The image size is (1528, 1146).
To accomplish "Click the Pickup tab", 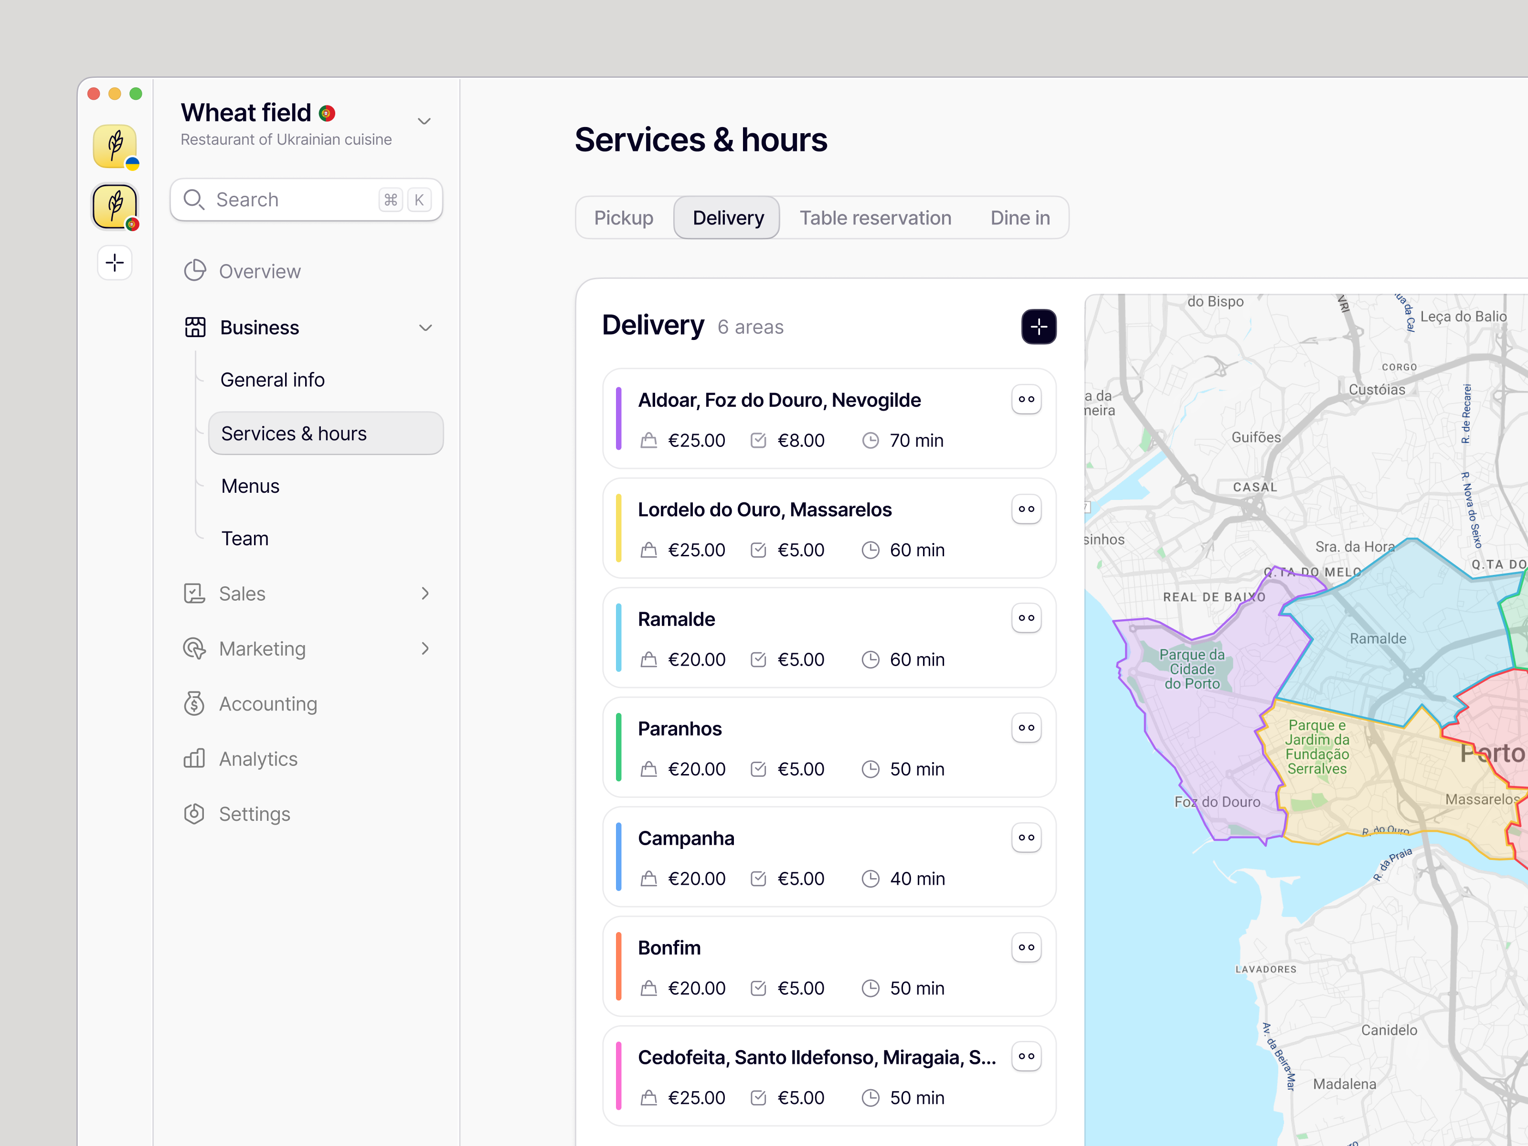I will point(623,218).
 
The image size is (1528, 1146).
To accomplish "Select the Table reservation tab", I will point(875,218).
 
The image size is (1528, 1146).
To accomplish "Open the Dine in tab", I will point(1019,218).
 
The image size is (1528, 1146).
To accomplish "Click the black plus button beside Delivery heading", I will point(1038,327).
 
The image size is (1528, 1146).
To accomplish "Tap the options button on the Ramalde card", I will point(1026,618).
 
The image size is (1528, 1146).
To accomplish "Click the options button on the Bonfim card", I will point(1026,947).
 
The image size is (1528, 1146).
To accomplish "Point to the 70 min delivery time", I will point(915,441).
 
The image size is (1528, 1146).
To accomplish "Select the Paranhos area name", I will point(679,729).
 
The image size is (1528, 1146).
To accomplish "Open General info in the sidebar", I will point(272,380).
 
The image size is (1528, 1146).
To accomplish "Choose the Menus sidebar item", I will point(250,486).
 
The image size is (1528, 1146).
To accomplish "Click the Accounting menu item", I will point(268,704).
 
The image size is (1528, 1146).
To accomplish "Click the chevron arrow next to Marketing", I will point(425,648).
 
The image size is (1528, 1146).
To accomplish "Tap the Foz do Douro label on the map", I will point(1217,802).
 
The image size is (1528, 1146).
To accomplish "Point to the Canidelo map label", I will point(1389,1030).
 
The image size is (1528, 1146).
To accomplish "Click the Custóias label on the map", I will point(1377,390).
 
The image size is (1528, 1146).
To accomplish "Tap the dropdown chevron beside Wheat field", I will point(424,122).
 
